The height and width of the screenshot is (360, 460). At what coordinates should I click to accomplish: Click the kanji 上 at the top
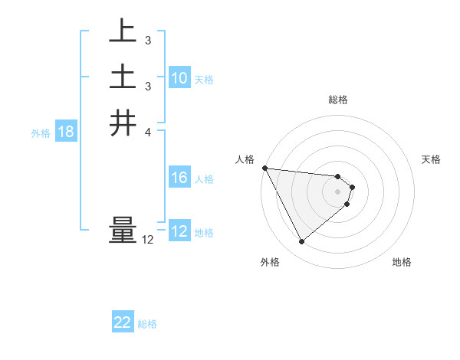click(x=123, y=31)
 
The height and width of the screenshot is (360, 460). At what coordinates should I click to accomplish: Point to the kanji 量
click(x=123, y=231)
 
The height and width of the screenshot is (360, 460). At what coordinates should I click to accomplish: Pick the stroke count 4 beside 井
click(x=147, y=132)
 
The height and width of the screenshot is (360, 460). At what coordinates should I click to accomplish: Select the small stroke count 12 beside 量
click(x=147, y=240)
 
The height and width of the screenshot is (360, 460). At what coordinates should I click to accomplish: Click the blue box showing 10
click(x=179, y=78)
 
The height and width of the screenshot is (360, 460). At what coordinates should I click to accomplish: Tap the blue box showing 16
click(x=179, y=178)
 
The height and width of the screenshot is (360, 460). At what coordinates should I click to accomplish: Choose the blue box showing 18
click(x=66, y=133)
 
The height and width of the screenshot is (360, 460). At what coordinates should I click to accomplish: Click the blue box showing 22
click(x=123, y=323)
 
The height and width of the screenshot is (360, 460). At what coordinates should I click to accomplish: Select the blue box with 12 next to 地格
click(x=179, y=232)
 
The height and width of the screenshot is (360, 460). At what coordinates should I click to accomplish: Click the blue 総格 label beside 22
click(x=147, y=324)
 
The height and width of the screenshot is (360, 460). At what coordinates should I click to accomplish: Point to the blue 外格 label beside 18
click(x=41, y=133)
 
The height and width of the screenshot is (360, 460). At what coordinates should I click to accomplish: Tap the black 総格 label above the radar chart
click(x=338, y=100)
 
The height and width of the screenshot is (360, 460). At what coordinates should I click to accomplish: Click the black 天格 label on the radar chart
click(x=432, y=159)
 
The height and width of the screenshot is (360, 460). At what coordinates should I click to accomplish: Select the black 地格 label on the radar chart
click(x=402, y=262)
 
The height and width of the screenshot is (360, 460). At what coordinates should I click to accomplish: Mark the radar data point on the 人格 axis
click(x=264, y=168)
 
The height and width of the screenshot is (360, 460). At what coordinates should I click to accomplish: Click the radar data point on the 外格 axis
click(x=301, y=242)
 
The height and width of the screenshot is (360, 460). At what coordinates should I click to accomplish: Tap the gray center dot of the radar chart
click(x=338, y=191)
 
